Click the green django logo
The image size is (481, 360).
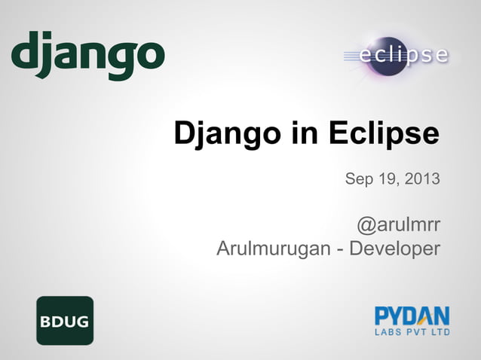pyautogui.click(x=87, y=54)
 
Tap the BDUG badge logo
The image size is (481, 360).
pyautogui.click(x=65, y=320)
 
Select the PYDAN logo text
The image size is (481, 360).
pyautogui.click(x=412, y=315)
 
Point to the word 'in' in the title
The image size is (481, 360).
pyautogui.click(x=305, y=134)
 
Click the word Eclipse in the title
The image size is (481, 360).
pyautogui.click(x=384, y=134)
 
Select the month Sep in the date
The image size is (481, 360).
pyautogui.click(x=359, y=179)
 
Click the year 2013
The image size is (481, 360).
pyautogui.click(x=423, y=179)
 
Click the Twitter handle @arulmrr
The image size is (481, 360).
pyautogui.click(x=398, y=224)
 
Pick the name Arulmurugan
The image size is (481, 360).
pyautogui.click(x=272, y=248)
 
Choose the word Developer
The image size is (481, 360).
pyautogui.click(x=394, y=248)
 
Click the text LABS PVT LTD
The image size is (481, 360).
pyautogui.click(x=412, y=331)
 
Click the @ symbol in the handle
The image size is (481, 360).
pyautogui.click(x=366, y=225)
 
